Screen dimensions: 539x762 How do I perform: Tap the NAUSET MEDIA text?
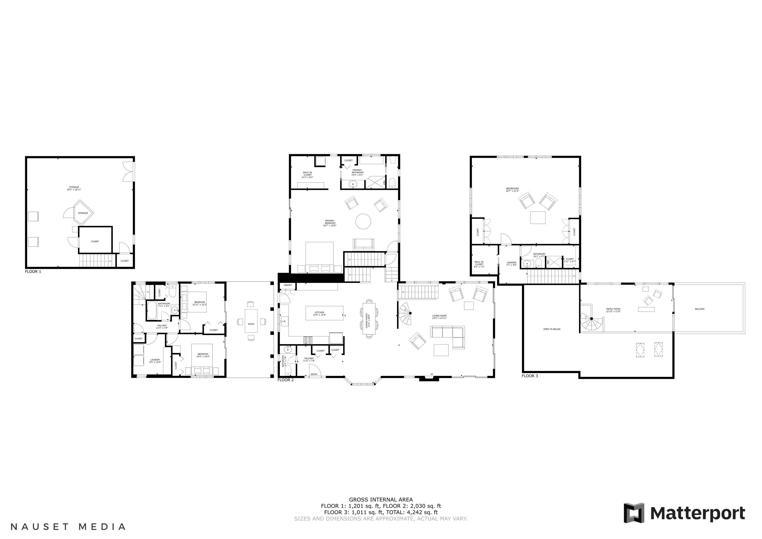click(x=68, y=527)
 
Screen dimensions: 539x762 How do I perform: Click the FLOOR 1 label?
click(x=33, y=271)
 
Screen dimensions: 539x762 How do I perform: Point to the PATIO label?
click(x=251, y=324)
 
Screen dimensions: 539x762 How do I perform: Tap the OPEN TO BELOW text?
click(x=552, y=329)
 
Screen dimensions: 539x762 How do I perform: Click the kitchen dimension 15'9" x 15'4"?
click(x=319, y=315)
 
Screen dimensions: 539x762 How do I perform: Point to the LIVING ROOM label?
click(x=439, y=316)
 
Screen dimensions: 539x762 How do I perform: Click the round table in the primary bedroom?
click(x=363, y=221)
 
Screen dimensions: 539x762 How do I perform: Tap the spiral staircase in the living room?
click(x=406, y=314)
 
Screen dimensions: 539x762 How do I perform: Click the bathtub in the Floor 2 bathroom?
click(x=152, y=310)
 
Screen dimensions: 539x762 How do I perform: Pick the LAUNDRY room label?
click(x=155, y=360)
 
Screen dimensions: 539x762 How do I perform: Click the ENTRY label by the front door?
click(x=314, y=374)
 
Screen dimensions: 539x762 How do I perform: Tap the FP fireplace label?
click(x=432, y=374)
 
